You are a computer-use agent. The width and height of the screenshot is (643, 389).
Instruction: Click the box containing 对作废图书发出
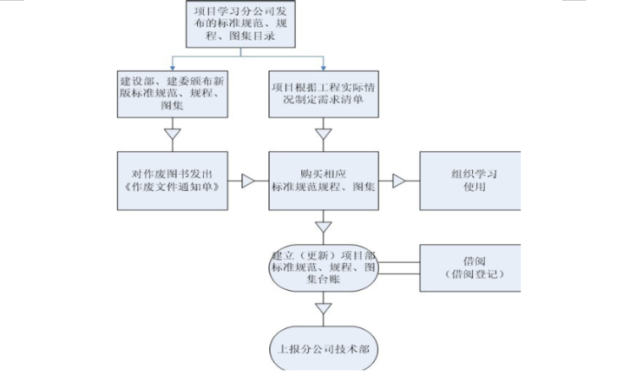point(173,181)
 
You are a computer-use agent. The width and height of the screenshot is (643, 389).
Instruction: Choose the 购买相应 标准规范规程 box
point(322,181)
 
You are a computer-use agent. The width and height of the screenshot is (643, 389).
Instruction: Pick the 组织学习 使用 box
point(470,181)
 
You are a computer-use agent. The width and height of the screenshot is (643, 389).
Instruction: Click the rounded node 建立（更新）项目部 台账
point(322,268)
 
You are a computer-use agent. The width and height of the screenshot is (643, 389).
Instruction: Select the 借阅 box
point(470,267)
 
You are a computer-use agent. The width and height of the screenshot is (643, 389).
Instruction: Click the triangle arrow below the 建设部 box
point(173,134)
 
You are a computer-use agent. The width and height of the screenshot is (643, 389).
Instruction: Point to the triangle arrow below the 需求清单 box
point(322,134)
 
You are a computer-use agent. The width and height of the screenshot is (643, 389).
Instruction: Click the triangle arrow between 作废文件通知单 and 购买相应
point(249,181)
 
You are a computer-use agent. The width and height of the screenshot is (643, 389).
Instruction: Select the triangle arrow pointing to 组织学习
point(398,181)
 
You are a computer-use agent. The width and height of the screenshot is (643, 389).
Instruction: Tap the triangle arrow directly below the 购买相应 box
point(322,226)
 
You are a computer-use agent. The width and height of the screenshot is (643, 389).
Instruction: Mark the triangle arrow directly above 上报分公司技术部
point(322,310)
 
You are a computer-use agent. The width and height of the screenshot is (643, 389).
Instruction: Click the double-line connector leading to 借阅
point(398,268)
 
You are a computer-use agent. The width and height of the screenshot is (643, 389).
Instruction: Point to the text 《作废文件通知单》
point(173,189)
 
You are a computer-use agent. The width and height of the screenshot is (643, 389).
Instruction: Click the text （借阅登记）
point(470,275)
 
